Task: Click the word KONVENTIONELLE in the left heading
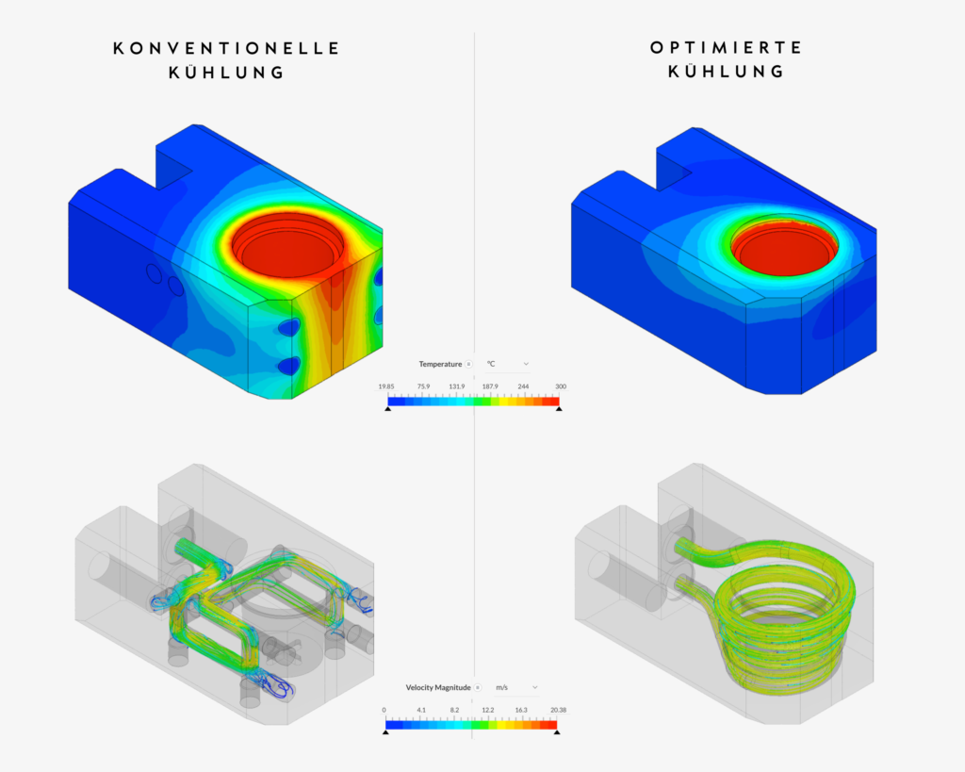point(226,47)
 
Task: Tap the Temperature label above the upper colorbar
point(440,364)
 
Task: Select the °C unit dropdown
point(508,364)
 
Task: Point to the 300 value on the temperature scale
point(561,386)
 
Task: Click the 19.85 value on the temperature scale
point(385,386)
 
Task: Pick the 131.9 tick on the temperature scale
point(456,386)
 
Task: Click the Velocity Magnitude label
point(438,687)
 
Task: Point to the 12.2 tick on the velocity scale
point(489,710)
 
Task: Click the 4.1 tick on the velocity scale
point(421,710)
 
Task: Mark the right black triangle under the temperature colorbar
point(559,409)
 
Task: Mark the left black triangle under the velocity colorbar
point(385,731)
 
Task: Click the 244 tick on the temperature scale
point(525,386)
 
